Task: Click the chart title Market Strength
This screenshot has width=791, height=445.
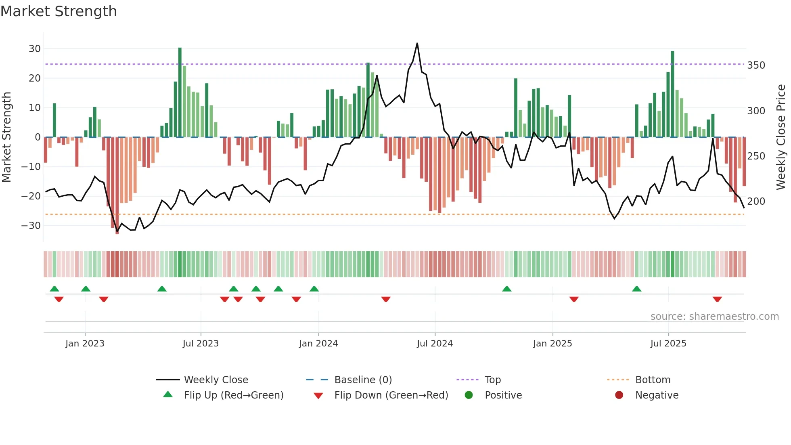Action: pyautogui.click(x=59, y=11)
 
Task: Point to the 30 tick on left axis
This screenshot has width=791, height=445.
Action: pyautogui.click(x=35, y=49)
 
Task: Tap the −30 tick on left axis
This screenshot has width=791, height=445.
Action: pyautogui.click(x=31, y=226)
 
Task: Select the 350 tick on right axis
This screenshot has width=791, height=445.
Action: pyautogui.click(x=756, y=65)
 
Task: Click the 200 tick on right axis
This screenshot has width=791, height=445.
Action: pyautogui.click(x=756, y=202)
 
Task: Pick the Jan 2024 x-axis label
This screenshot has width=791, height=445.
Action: pyautogui.click(x=318, y=344)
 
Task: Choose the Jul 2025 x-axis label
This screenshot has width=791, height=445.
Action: pyautogui.click(x=668, y=344)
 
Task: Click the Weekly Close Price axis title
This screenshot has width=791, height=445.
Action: pyautogui.click(x=781, y=137)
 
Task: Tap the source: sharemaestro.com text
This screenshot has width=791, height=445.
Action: pyautogui.click(x=714, y=317)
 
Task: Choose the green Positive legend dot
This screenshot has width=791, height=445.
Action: pyautogui.click(x=469, y=395)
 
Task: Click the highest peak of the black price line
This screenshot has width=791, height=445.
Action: pyautogui.click(x=417, y=43)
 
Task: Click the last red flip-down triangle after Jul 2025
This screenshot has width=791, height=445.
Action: pyautogui.click(x=717, y=299)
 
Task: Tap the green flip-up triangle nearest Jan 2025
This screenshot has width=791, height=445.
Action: pyautogui.click(x=507, y=289)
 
